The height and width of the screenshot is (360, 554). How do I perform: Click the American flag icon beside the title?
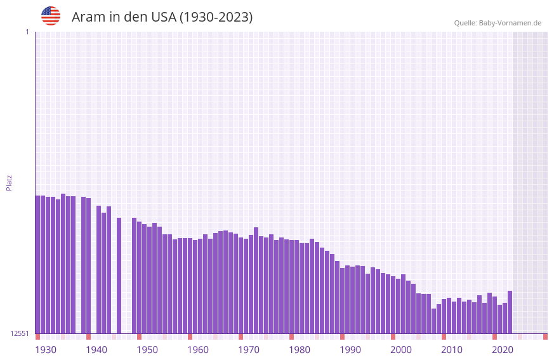[51, 16]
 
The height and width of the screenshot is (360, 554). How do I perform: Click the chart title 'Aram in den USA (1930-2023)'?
[162, 17]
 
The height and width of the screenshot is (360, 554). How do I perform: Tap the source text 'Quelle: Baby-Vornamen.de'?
[498, 23]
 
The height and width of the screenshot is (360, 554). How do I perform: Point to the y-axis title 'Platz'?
[9, 182]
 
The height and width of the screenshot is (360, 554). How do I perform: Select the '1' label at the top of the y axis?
[27, 32]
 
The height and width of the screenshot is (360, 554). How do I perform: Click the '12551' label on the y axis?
[20, 333]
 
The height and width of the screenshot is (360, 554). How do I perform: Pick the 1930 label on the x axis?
[46, 350]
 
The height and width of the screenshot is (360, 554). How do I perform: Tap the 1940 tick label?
[96, 350]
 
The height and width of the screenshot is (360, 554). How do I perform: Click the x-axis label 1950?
[147, 350]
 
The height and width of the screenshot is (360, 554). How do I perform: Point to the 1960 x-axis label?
[198, 350]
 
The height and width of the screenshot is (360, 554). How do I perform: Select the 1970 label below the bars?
[249, 350]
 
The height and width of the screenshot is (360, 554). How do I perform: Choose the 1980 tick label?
[300, 350]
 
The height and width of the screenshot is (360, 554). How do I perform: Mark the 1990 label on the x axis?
[350, 350]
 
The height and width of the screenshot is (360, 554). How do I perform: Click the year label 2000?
[401, 350]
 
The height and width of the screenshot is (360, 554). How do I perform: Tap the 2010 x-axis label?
[452, 350]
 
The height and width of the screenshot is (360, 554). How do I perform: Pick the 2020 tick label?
[503, 350]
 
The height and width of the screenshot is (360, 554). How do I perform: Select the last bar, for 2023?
[510, 312]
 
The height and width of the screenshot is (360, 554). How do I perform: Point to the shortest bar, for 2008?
[433, 321]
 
